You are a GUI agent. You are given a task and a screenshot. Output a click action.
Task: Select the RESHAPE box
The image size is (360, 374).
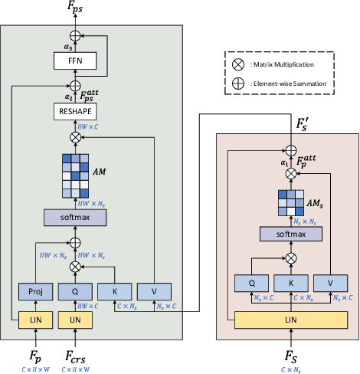pos(75,112)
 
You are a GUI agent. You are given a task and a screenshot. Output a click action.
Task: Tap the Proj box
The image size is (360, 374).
pos(34,291)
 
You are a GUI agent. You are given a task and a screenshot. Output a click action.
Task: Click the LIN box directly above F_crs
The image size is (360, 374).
pos(75,318)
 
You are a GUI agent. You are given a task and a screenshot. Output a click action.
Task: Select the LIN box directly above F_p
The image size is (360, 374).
pos(34,318)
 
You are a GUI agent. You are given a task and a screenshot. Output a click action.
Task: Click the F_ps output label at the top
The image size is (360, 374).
pos(75,8)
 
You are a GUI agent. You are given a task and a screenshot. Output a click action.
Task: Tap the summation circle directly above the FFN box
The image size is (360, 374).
pos(75,35)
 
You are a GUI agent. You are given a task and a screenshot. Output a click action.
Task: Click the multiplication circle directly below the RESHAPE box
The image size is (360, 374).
pos(75,137)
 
